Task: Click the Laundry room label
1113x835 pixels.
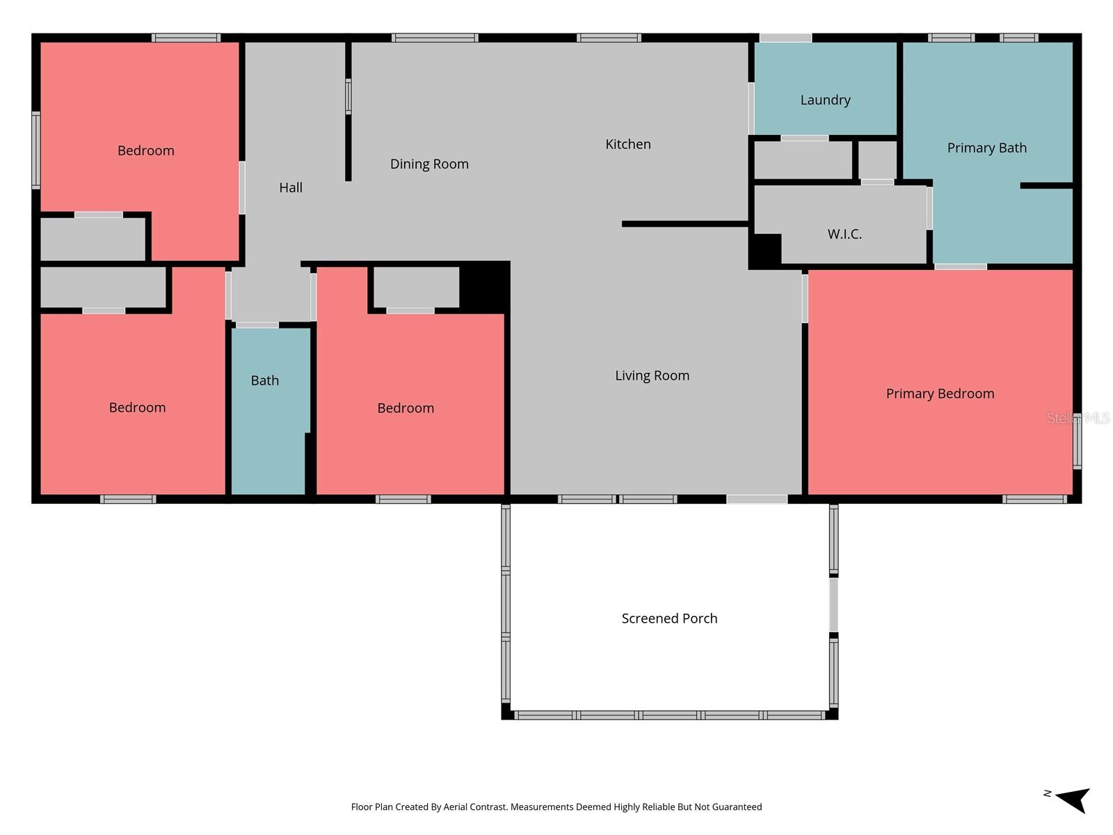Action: coord(825,100)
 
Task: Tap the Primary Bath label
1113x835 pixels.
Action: coord(986,148)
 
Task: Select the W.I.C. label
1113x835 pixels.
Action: coord(844,234)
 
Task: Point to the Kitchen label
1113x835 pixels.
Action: coord(627,144)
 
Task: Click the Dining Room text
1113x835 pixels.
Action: coord(429,164)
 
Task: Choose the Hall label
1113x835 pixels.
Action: coord(291,188)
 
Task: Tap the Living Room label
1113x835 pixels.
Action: coord(652,376)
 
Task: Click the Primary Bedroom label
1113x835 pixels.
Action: coord(940,394)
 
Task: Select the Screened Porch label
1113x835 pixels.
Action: coord(669,619)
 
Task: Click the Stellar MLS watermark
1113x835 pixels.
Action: coord(1078,418)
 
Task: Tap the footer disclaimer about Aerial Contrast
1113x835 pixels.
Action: coord(556,807)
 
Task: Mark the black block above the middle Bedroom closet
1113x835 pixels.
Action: coord(485,286)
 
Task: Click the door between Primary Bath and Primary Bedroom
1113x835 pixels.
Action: coord(960,267)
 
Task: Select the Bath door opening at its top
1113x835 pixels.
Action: coord(257,325)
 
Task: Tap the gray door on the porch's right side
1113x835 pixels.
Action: coord(833,605)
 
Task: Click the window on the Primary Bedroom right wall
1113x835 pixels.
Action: coord(1077,440)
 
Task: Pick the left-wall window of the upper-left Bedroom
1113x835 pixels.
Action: coord(36,150)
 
